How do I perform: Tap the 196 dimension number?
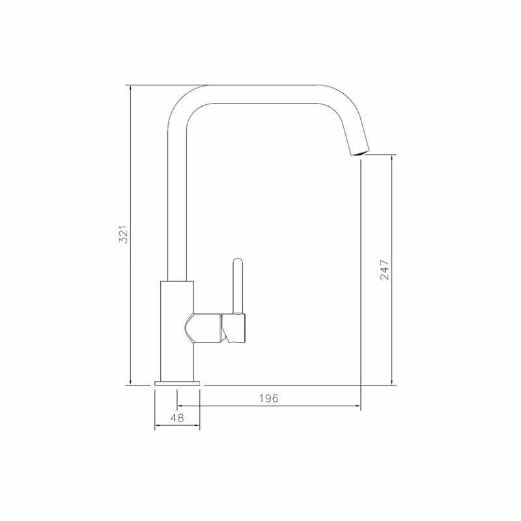click(x=268, y=398)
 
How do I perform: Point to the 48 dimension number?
click(x=177, y=418)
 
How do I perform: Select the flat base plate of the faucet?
click(x=177, y=382)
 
